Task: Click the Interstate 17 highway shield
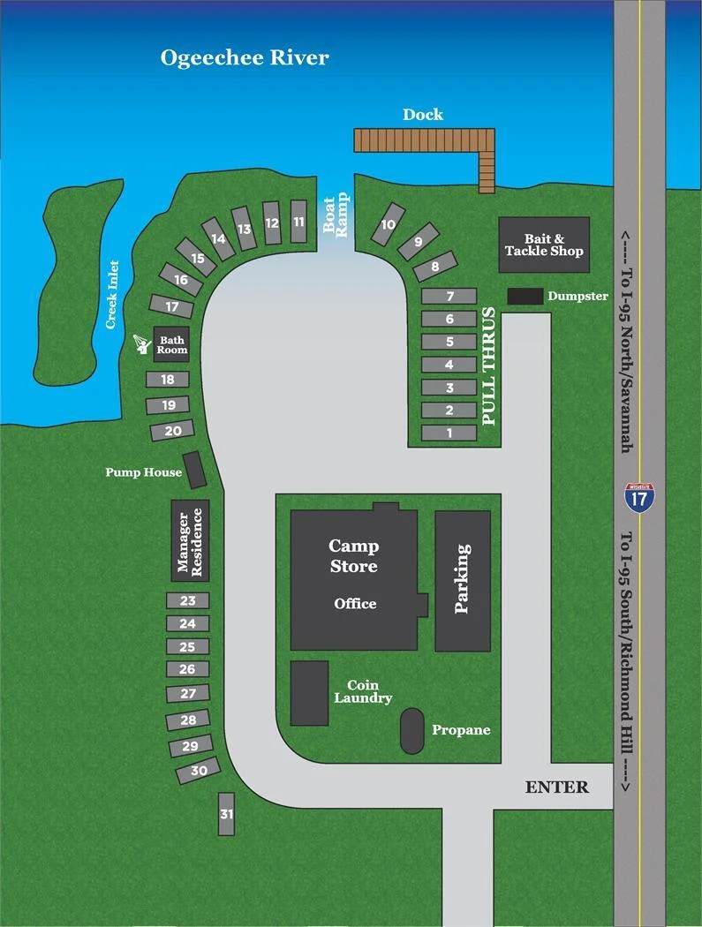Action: [x=639, y=498]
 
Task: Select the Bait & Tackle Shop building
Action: [x=544, y=245]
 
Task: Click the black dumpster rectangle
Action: [x=525, y=297]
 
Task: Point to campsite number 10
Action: [x=389, y=224]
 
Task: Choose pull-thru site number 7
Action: [x=449, y=297]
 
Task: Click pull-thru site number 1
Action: [x=449, y=433]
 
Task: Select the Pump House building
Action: [x=194, y=470]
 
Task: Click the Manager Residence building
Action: [x=190, y=540]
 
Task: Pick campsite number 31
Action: [x=227, y=813]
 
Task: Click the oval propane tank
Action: [x=411, y=731]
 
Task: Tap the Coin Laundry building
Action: [x=309, y=693]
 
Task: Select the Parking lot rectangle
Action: [x=462, y=580]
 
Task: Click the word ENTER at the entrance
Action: [x=556, y=787]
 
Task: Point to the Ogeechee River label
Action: [x=245, y=58]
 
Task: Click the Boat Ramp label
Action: [x=336, y=215]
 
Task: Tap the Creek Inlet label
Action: [x=112, y=294]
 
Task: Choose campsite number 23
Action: [x=188, y=601]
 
